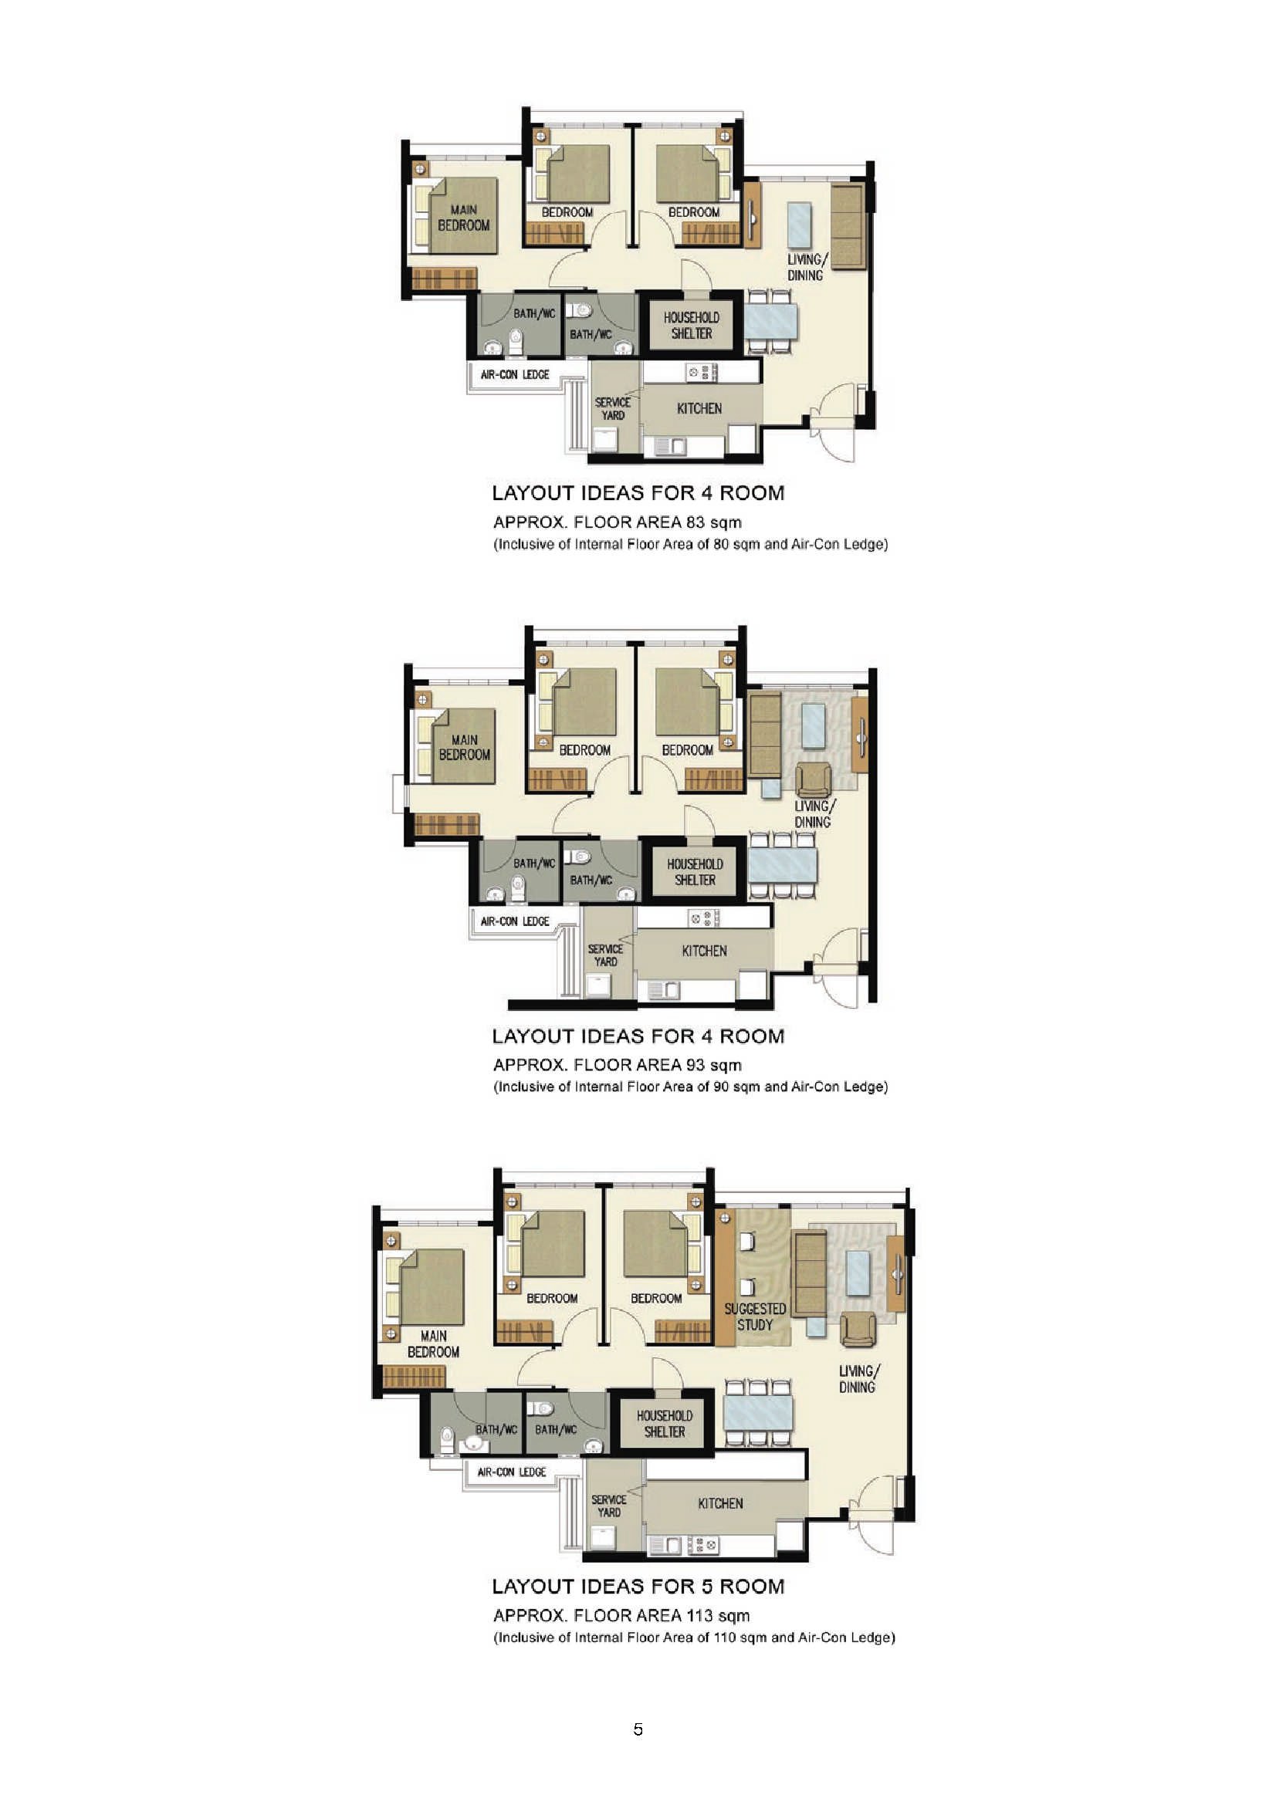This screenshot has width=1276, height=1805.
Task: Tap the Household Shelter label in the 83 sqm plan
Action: pos(691,325)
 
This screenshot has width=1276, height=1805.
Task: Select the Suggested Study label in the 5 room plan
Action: pos(755,1316)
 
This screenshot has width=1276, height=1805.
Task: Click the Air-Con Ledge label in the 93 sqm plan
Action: pos(515,921)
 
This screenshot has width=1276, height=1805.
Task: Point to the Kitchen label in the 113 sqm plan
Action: pos(720,1503)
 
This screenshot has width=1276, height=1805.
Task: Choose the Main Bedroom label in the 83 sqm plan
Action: pos(464,217)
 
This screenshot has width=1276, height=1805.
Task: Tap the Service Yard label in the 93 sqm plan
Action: pos(605,955)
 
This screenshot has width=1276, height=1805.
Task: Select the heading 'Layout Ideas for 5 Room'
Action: pos(638,1587)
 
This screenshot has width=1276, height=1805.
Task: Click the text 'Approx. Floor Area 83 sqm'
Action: pos(618,522)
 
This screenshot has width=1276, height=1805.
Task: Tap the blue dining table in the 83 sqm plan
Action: pos(770,322)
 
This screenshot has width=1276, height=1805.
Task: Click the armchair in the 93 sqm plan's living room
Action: pos(813,780)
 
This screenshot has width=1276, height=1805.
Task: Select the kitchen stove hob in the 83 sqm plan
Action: pos(702,371)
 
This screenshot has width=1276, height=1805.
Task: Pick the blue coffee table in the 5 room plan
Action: pos(858,1273)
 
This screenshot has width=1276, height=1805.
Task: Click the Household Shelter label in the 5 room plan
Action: pos(665,1424)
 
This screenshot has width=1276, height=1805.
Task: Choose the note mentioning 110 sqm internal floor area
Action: pos(694,1638)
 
